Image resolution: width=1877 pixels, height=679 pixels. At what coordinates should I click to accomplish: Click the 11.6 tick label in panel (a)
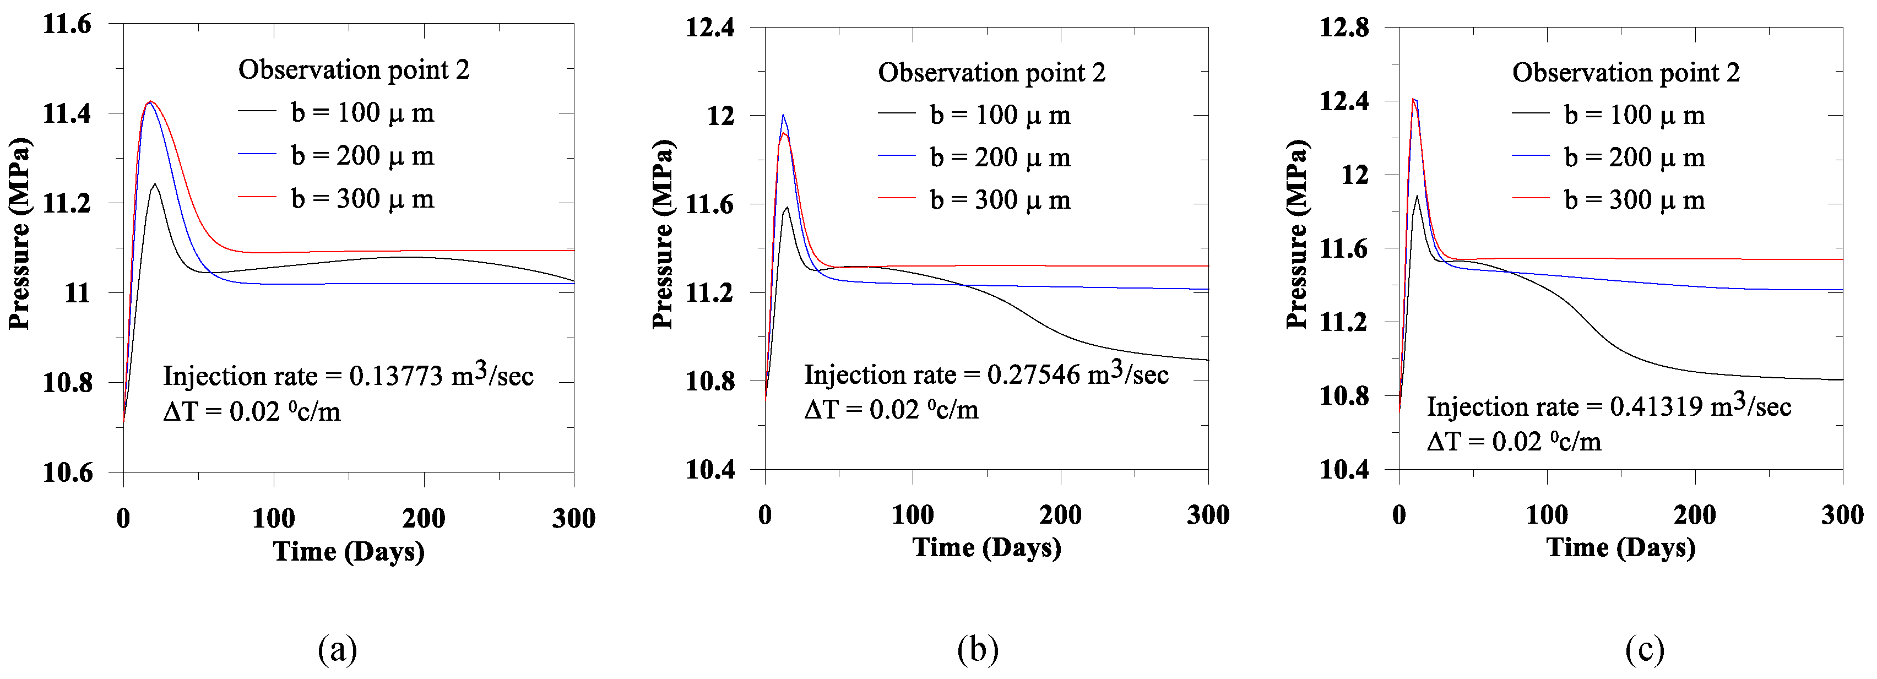[67, 24]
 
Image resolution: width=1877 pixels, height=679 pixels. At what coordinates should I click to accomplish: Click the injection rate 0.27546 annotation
[986, 374]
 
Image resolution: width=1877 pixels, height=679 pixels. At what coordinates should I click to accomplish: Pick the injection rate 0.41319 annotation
[1608, 406]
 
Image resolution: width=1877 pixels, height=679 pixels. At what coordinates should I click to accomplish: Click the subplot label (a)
[338, 648]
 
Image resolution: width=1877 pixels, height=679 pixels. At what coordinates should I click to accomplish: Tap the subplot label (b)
[977, 648]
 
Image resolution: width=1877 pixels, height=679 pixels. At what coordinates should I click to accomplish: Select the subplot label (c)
[1645, 648]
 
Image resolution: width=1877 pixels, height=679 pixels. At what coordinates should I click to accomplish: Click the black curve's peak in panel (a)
[154, 183]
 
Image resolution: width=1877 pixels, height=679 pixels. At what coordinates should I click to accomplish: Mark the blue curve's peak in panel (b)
[783, 115]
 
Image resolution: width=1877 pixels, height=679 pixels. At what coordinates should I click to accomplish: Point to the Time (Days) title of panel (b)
[986, 547]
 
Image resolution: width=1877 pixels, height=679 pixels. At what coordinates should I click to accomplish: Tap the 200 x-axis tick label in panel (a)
[424, 518]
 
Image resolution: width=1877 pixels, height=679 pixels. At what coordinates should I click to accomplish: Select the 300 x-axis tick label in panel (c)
[1842, 515]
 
